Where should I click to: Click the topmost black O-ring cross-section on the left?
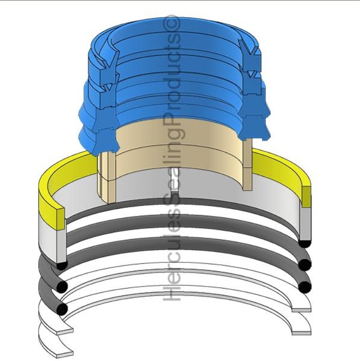click(x=61, y=265)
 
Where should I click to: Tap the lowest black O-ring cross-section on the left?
click(x=61, y=308)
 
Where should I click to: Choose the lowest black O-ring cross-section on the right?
click(x=305, y=287)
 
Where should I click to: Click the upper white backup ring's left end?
click(x=64, y=332)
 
